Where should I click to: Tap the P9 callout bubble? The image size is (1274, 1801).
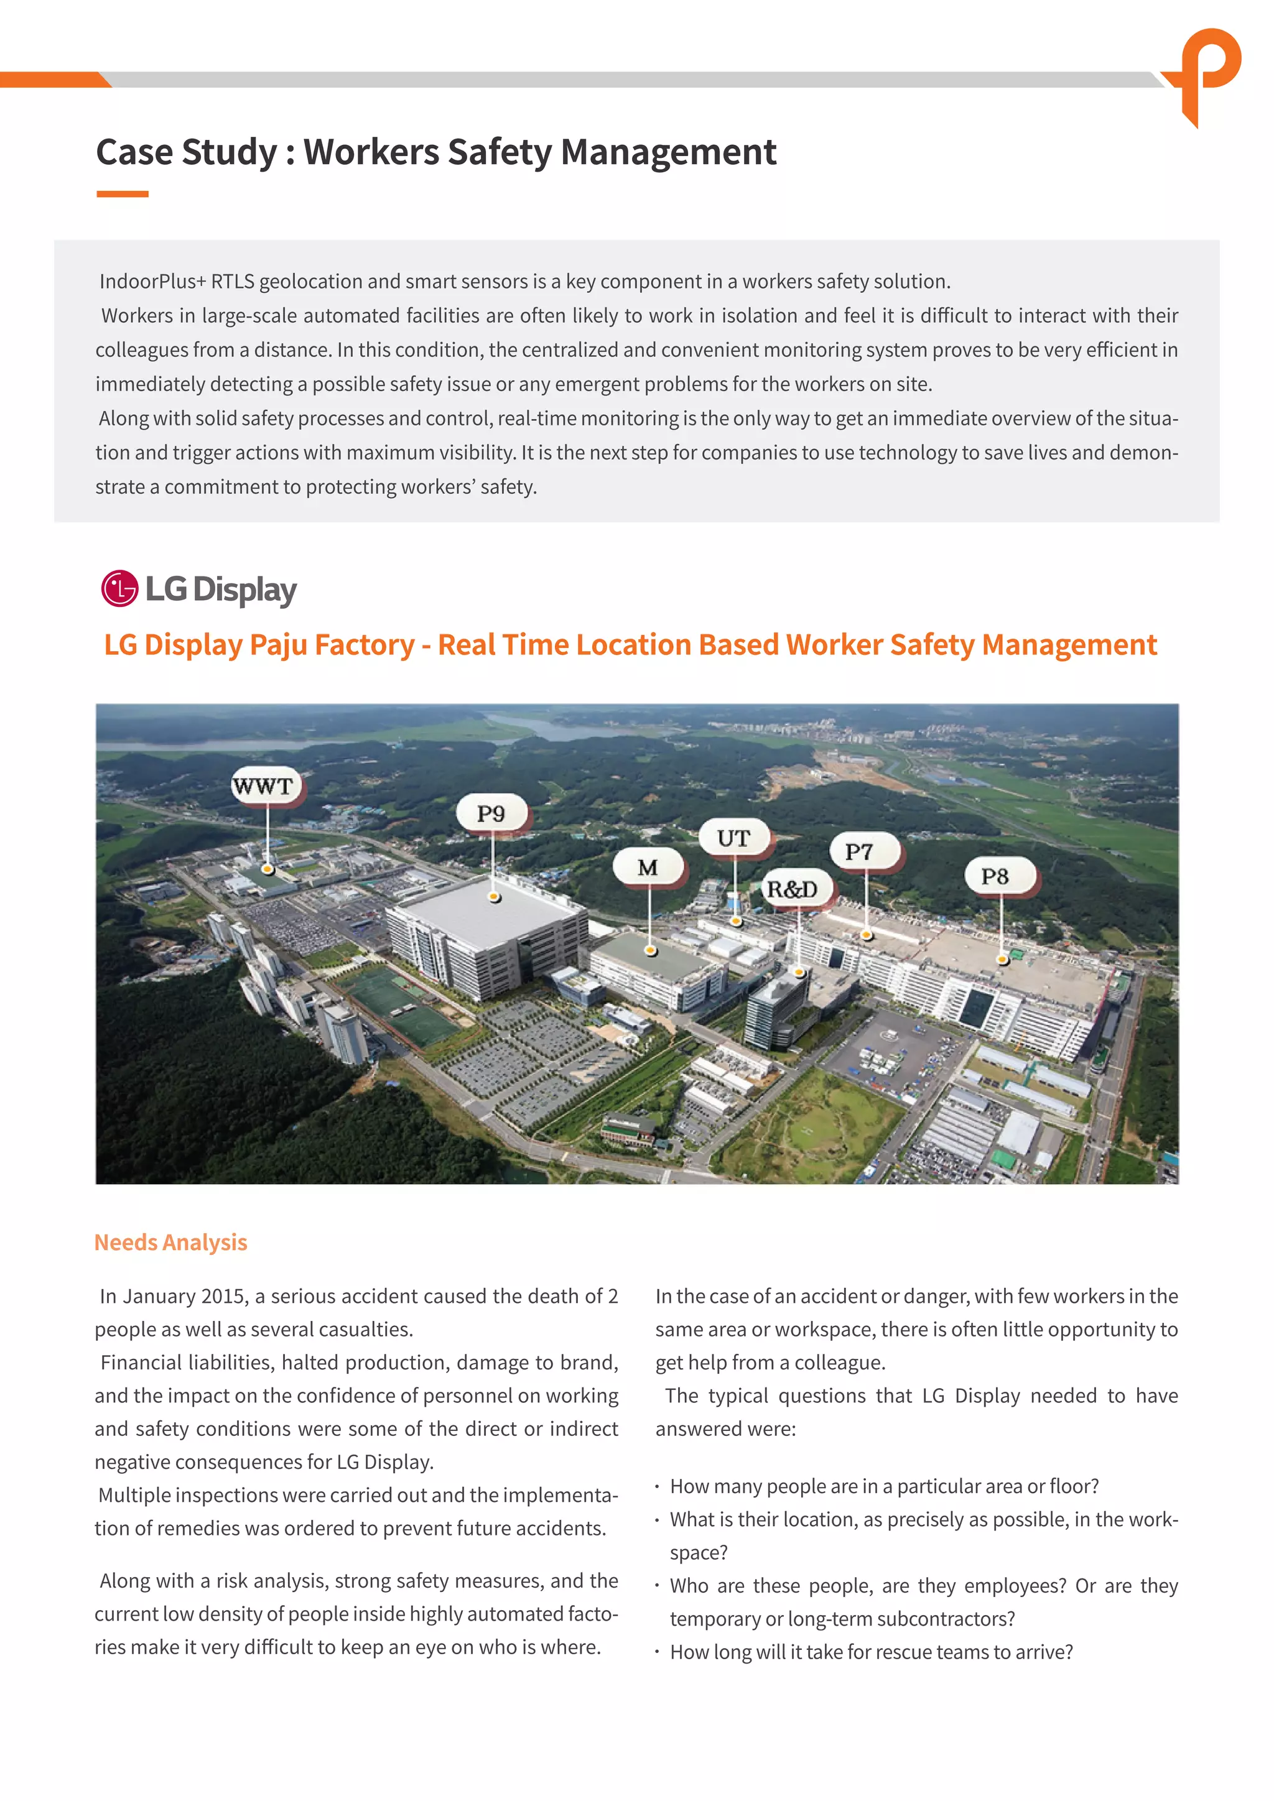(491, 813)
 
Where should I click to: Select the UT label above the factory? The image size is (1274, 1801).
(733, 838)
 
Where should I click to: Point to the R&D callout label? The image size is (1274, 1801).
(793, 889)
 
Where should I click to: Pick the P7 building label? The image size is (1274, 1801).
(860, 851)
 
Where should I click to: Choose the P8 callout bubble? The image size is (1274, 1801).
(995, 876)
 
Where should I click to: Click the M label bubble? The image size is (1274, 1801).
(648, 867)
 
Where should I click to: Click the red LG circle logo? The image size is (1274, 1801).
(119, 588)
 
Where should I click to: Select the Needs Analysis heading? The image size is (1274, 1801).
(170, 1243)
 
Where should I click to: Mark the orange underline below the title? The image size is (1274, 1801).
(123, 194)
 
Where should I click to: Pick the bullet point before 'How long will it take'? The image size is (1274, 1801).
(658, 1652)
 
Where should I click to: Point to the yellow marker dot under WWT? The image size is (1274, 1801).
(267, 869)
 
